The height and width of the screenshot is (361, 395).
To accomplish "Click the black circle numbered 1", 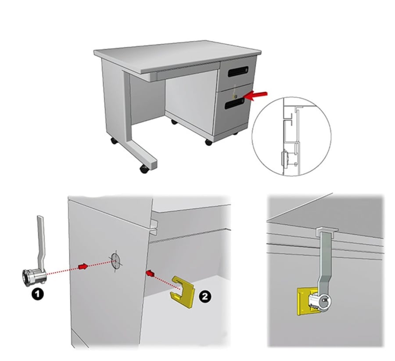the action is coord(38,294).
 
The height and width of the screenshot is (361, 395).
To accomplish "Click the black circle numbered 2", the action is coord(205,296).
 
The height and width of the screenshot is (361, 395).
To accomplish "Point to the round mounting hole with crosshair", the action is coord(115,261).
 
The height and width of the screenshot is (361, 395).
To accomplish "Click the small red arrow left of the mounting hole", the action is coord(83,267).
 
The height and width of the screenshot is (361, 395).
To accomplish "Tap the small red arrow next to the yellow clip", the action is coord(150,273).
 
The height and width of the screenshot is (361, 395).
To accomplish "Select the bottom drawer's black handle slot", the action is coord(234,104).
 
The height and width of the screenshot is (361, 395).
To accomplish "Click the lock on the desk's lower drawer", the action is coord(235,96).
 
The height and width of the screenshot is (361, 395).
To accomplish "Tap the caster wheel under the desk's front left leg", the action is coord(144,169).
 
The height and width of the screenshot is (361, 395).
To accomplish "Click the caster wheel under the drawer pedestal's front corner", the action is coord(208,142).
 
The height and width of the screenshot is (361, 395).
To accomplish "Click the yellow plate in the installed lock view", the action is coord(304,302).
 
